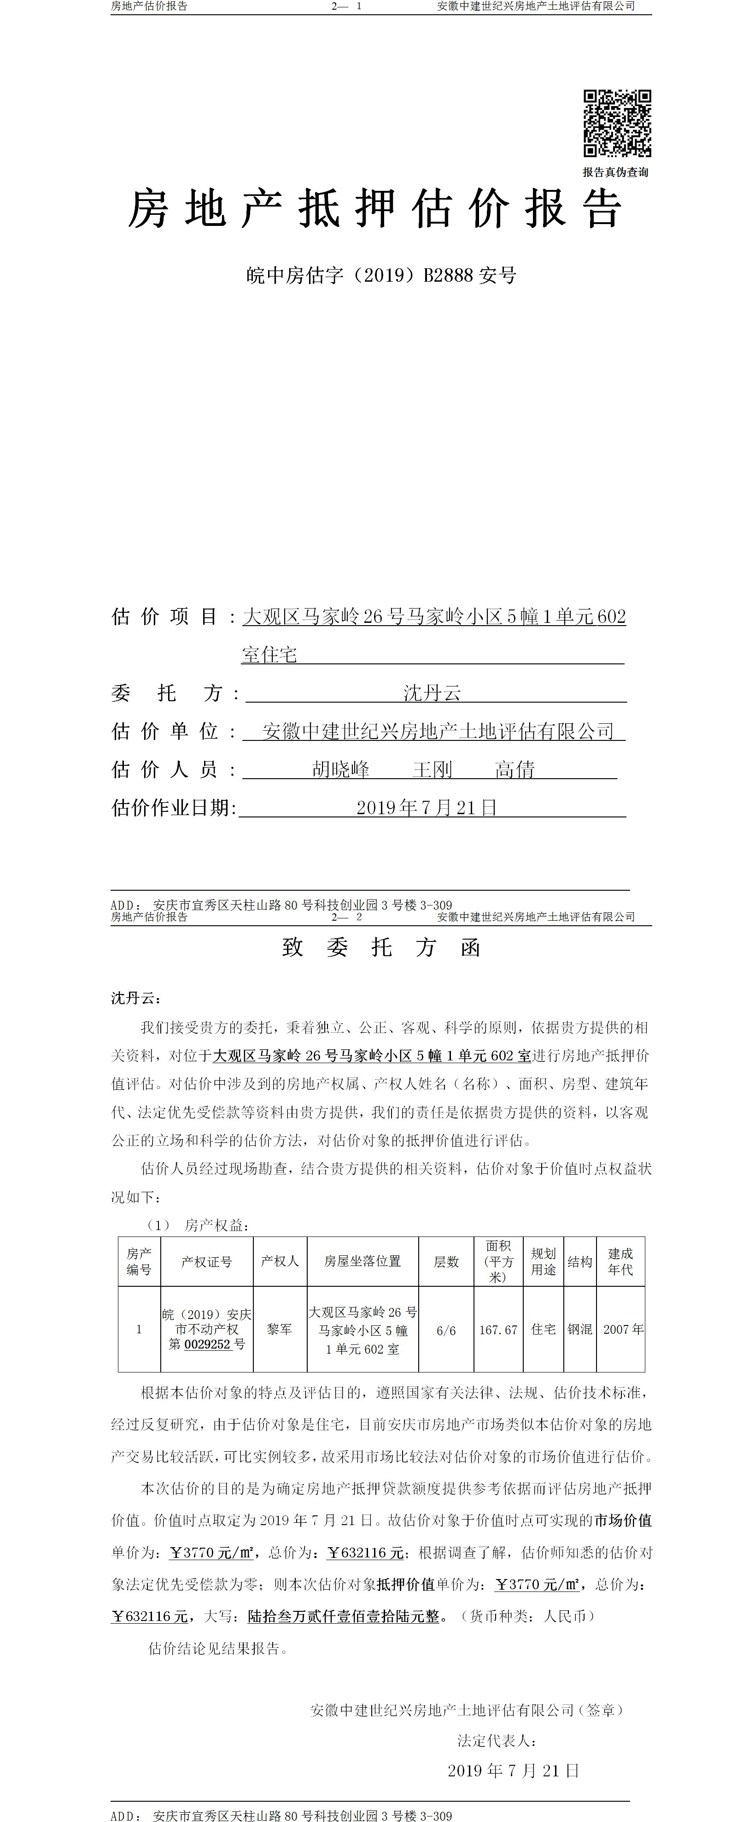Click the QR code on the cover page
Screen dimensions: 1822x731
(x=616, y=123)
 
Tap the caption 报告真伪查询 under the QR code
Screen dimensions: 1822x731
(x=615, y=172)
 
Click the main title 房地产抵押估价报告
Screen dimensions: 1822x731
(x=374, y=209)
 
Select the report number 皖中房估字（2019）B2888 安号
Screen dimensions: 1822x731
(x=381, y=275)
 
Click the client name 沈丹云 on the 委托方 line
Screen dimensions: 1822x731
(x=432, y=692)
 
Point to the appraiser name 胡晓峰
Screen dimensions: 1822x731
(x=341, y=769)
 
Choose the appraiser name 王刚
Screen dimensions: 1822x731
(x=432, y=769)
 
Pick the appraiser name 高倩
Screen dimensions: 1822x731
(x=515, y=769)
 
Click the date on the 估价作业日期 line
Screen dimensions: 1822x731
(x=426, y=808)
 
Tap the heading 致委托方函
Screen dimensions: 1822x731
(x=381, y=947)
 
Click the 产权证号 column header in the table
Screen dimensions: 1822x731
(x=206, y=1261)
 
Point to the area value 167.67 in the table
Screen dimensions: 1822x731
(x=498, y=1330)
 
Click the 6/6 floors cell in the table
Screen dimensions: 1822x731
(x=446, y=1331)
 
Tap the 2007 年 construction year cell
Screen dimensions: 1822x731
(x=623, y=1329)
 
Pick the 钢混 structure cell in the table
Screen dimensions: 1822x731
(x=580, y=1329)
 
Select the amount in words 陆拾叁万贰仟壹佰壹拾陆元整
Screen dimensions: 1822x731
(x=344, y=1616)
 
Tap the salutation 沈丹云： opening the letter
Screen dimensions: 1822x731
(x=136, y=998)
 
